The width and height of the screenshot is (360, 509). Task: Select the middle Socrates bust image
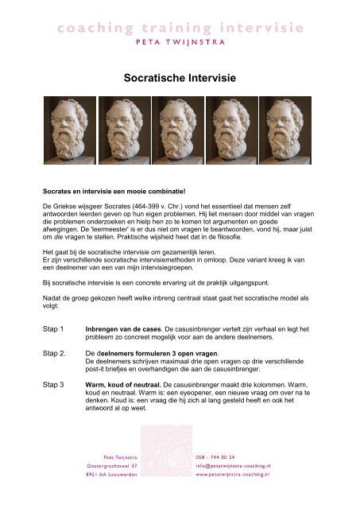click(180, 128)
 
